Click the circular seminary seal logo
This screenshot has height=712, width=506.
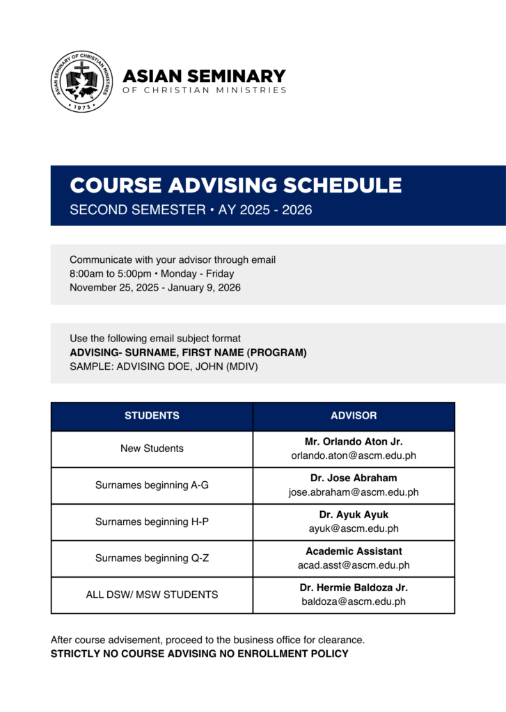coord(81,82)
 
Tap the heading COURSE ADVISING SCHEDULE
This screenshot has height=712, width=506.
coord(235,186)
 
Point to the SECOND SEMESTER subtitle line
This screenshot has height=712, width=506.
coord(191,209)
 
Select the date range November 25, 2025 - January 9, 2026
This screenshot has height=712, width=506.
coord(155,287)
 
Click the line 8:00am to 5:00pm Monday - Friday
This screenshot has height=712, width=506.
coord(152,273)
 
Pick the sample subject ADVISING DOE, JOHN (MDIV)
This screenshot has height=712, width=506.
coord(164,366)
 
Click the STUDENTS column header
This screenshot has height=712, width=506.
coord(152,416)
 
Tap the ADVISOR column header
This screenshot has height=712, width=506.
coord(354,416)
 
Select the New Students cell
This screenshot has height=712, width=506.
coord(152,448)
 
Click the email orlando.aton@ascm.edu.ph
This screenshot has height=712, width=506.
coord(354,456)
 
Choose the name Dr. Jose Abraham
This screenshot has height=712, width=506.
coord(354,478)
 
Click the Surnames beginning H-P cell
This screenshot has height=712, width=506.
coord(152,521)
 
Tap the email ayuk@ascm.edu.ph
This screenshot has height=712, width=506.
coord(354,528)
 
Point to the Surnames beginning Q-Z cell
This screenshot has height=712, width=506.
coord(152,558)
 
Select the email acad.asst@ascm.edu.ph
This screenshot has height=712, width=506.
coord(354,565)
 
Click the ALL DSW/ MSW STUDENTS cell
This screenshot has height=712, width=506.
coord(152,594)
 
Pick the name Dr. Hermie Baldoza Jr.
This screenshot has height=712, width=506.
coord(354,588)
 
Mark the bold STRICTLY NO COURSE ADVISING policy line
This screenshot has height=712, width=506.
coord(199,654)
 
